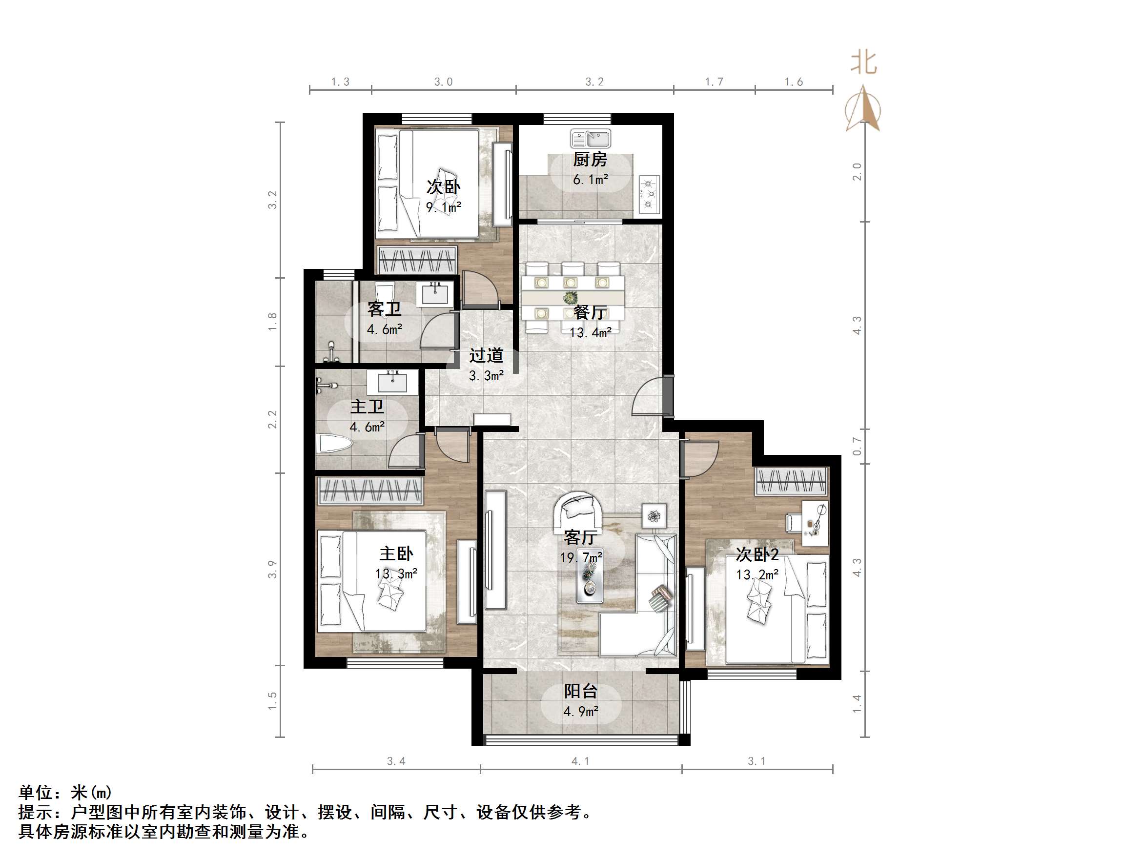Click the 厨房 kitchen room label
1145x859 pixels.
coord(590,160)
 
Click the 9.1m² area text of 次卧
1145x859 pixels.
coord(444,207)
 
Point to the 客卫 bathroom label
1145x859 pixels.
coord(384,309)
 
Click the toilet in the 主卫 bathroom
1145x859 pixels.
coord(334,444)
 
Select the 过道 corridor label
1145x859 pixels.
coord(486,356)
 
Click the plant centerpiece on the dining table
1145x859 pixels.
coord(571,298)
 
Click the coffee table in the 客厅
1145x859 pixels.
coord(590,582)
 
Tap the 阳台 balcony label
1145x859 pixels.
coord(580,691)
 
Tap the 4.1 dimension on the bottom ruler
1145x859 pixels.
coord(580,761)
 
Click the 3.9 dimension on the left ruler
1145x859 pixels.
coord(272,570)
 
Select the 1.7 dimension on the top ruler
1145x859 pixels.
coord(714,82)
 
